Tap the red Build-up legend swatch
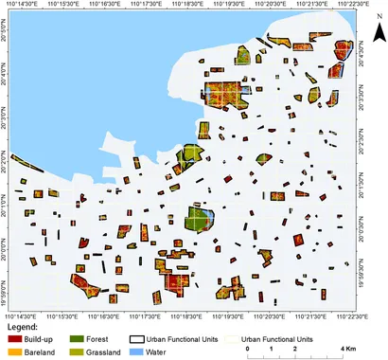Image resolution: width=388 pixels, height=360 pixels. [13, 338]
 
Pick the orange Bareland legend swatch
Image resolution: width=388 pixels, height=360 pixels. [13, 351]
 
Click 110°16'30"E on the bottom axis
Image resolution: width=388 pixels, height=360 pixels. [103, 316]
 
